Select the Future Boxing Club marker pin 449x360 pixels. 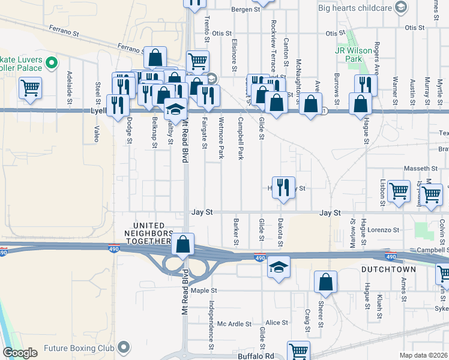[x=124, y=347]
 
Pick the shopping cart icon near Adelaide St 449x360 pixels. [x=30, y=88]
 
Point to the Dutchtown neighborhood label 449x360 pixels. [x=386, y=271]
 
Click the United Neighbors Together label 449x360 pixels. [x=148, y=233]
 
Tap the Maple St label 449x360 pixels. [x=203, y=291]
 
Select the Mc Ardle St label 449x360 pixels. [x=234, y=324]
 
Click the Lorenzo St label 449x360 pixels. [x=384, y=230]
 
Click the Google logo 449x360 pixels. [x=20, y=353]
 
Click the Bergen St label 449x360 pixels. [x=246, y=10]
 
